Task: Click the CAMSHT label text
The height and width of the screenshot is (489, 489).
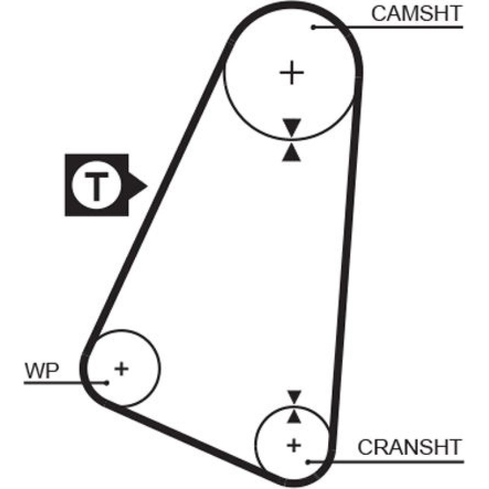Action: click(416, 14)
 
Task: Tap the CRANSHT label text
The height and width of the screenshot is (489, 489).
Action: click(409, 446)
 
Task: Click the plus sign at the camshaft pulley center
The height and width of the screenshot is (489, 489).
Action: click(292, 73)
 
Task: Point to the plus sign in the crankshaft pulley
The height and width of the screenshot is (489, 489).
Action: click(293, 445)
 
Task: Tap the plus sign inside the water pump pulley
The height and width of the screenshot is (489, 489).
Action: click(121, 368)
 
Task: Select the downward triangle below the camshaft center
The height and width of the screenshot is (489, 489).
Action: click(292, 127)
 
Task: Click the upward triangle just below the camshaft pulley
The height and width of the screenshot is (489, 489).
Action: click(292, 153)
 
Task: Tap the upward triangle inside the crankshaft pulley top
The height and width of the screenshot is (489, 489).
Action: click(293, 416)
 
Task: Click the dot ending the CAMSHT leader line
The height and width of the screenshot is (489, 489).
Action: click(314, 27)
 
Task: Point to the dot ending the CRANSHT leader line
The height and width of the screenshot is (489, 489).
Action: click(308, 461)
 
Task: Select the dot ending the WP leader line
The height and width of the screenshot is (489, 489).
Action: click(106, 382)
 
